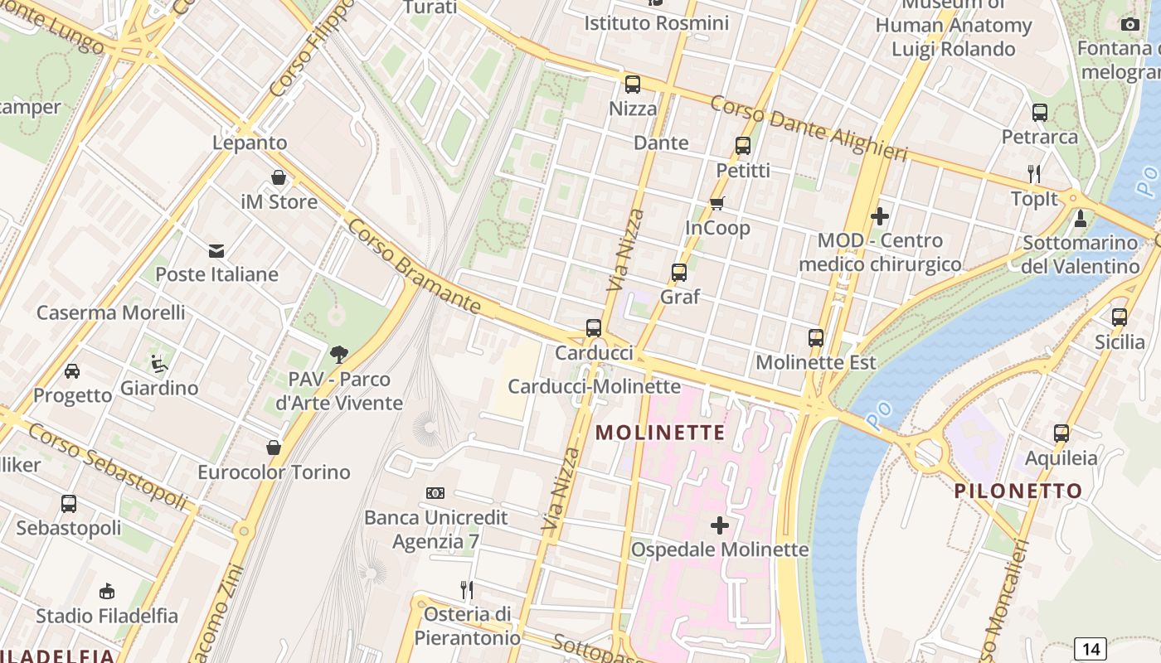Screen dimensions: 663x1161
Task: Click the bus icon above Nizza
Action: pyautogui.click(x=633, y=84)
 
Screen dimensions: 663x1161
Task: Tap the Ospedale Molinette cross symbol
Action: pyautogui.click(x=720, y=525)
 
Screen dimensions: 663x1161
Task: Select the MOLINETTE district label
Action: pyautogui.click(x=660, y=433)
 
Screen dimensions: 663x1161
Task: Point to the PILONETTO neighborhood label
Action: pyautogui.click(x=1018, y=491)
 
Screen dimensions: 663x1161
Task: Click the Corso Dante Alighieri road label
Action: pyautogui.click(x=809, y=129)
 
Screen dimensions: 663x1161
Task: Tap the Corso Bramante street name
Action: pyautogui.click(x=414, y=267)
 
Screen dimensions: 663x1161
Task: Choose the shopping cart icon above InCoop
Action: pyautogui.click(x=717, y=203)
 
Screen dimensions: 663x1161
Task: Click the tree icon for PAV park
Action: pyautogui.click(x=339, y=355)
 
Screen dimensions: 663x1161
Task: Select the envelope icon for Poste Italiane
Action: pyautogui.click(x=216, y=250)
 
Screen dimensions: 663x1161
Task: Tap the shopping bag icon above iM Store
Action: pyautogui.click(x=279, y=177)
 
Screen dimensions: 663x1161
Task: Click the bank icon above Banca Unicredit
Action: pyautogui.click(x=435, y=493)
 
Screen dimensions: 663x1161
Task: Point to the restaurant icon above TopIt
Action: pyautogui.click(x=1034, y=173)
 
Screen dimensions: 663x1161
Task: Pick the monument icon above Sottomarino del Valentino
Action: pyautogui.click(x=1080, y=219)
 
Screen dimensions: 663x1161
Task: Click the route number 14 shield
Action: pyautogui.click(x=1091, y=649)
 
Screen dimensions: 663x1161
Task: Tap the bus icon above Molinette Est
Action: pyautogui.click(x=816, y=337)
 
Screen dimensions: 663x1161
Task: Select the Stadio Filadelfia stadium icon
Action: pyautogui.click(x=106, y=592)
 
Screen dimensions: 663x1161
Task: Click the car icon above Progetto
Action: pyautogui.click(x=72, y=370)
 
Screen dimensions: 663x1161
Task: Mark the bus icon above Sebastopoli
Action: pyautogui.click(x=69, y=503)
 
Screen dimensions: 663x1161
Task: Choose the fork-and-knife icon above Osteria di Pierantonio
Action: pyautogui.click(x=467, y=590)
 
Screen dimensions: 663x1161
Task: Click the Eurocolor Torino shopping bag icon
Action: pyautogui.click(x=274, y=448)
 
